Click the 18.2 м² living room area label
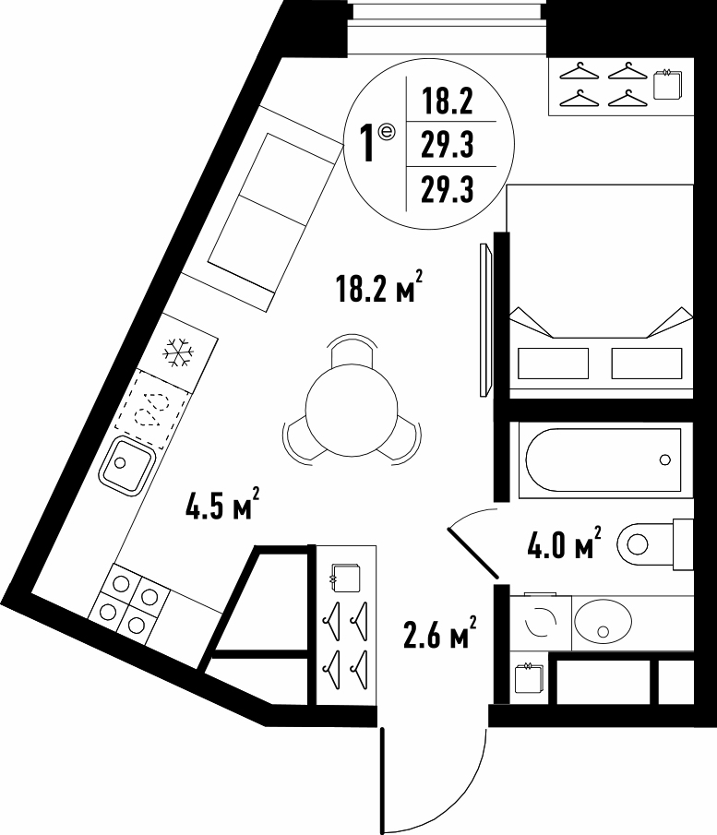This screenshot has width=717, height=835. click(379, 288)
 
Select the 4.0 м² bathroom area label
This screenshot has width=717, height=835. click(564, 543)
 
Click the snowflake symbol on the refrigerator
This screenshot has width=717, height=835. click(178, 352)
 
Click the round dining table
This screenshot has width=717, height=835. click(352, 410)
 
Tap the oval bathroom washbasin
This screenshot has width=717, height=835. click(603, 621)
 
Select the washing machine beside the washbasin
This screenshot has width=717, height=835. click(541, 623)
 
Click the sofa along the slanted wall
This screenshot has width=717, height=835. click(261, 209)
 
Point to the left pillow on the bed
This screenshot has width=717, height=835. click(553, 364)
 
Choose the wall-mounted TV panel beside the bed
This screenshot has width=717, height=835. click(485, 319)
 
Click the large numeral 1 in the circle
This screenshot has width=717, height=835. click(366, 143)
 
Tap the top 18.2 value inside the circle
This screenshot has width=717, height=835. click(448, 101)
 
